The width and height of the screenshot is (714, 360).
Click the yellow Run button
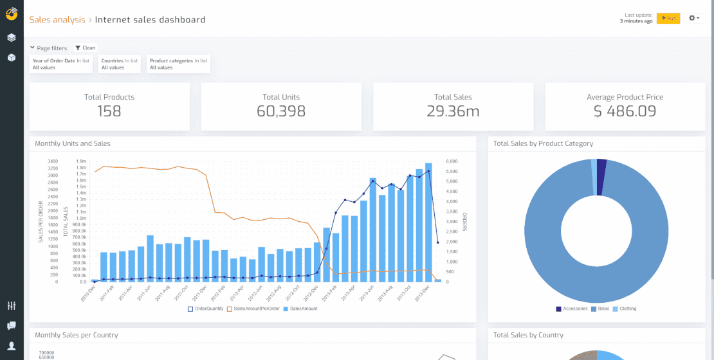click(668, 18)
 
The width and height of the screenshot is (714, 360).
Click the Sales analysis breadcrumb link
click(57, 20)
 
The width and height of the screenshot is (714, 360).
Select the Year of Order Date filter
click(61, 64)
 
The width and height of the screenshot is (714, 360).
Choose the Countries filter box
click(120, 64)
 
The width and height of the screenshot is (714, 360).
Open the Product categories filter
click(178, 64)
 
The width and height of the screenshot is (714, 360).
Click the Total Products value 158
click(109, 111)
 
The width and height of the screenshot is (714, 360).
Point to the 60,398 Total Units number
click(281, 111)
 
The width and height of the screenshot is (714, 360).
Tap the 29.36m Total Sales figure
click(453, 111)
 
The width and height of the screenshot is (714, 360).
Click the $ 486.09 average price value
click(625, 111)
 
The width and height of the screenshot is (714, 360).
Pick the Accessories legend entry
click(572, 309)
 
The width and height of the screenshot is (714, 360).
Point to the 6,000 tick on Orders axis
click(452, 161)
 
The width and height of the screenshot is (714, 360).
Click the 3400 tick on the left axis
click(53, 161)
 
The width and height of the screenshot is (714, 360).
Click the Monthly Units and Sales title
click(72, 144)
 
